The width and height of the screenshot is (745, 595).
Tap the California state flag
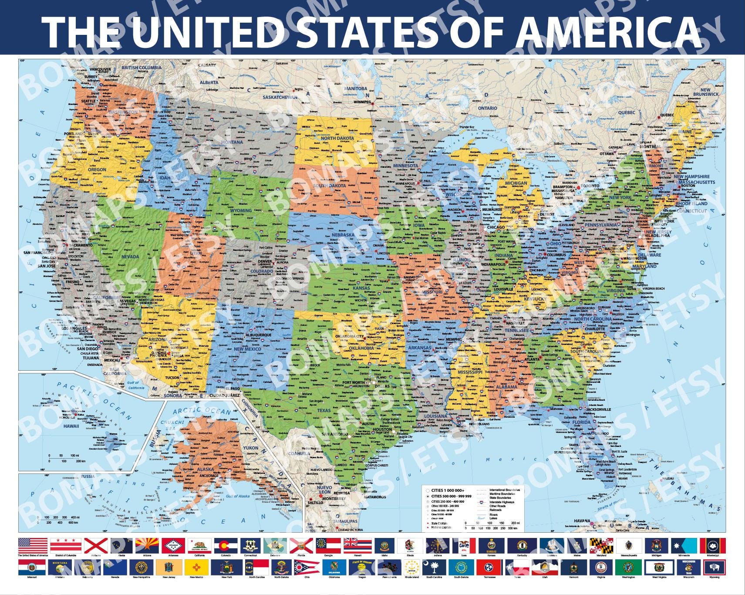coord(199,545)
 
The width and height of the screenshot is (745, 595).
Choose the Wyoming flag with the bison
coord(714,567)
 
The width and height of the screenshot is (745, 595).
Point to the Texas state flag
coord(517,567)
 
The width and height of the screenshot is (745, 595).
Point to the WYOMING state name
coord(240,210)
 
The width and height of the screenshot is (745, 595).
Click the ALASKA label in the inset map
coord(206,469)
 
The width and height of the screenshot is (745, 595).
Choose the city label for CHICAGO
coord(496,227)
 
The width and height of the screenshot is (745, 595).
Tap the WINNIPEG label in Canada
coord(362,102)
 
